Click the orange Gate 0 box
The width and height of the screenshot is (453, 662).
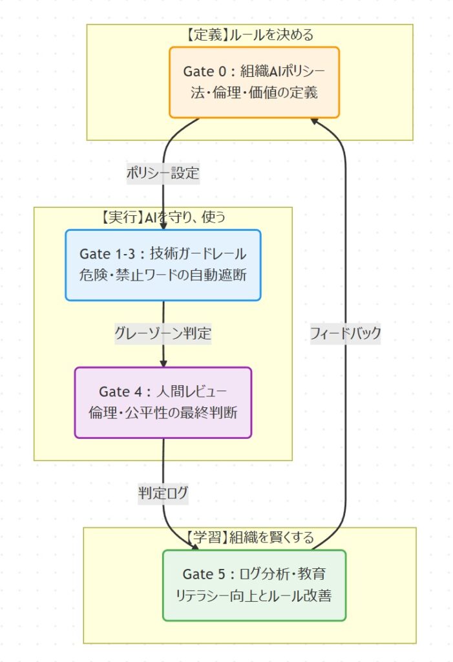pos(254,82)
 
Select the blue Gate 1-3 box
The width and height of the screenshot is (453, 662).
pos(163,264)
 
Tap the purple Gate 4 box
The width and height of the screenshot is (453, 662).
pos(163,402)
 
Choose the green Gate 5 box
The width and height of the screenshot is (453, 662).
pos(254,584)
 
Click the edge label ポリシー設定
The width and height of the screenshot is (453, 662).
pos(162,173)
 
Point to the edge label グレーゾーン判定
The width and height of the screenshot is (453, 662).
pos(163,334)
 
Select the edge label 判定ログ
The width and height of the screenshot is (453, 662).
pos(163,493)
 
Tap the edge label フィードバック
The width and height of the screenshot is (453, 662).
pos(345,334)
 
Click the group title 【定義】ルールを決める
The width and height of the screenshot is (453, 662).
pos(249,34)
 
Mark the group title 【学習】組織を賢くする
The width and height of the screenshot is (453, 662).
pos(249,537)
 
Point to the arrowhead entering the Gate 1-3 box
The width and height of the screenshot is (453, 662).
pos(162,226)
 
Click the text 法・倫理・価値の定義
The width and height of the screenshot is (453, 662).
pos(254,92)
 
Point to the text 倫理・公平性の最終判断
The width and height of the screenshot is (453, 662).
pos(163,412)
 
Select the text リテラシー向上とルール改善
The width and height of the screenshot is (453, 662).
pos(254,595)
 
